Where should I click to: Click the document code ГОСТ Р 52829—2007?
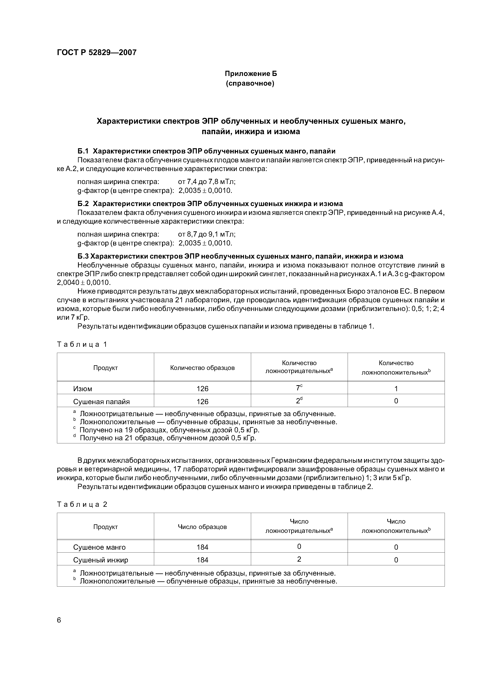(x=97, y=53)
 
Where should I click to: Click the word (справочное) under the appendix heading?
(x=250, y=83)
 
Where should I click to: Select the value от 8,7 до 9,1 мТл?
(x=207, y=234)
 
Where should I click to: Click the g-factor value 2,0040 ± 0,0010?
(x=83, y=283)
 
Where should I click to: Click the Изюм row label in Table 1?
(x=83, y=389)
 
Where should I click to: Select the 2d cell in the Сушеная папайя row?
(x=299, y=400)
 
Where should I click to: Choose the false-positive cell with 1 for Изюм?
(x=396, y=389)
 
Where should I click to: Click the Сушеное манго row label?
(x=99, y=547)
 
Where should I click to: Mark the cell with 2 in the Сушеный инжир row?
(x=299, y=559)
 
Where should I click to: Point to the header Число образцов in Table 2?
(x=202, y=527)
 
